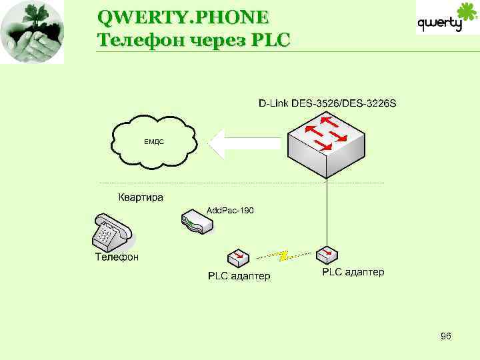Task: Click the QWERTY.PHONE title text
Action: [x=182, y=15]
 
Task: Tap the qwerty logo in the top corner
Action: [x=447, y=20]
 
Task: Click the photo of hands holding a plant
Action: [x=33, y=32]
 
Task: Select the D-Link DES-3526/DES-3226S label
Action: [x=327, y=103]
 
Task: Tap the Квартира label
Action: [x=141, y=197]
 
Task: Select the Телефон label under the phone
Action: [x=117, y=257]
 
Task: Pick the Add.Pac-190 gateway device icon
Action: [x=198, y=223]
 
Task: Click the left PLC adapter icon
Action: [x=239, y=257]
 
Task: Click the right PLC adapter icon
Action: [x=327, y=255]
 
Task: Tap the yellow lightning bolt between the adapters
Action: [x=283, y=254]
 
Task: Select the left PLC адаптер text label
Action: [x=239, y=276]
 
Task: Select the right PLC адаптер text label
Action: [x=353, y=272]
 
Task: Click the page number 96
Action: [x=446, y=336]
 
